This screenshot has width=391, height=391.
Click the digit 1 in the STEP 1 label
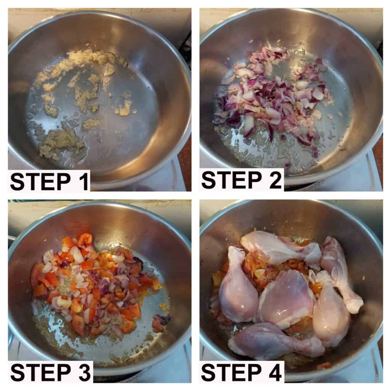pos(84,182)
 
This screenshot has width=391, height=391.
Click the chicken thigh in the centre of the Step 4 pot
pos(286,297)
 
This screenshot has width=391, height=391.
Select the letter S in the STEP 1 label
pos(18,182)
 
